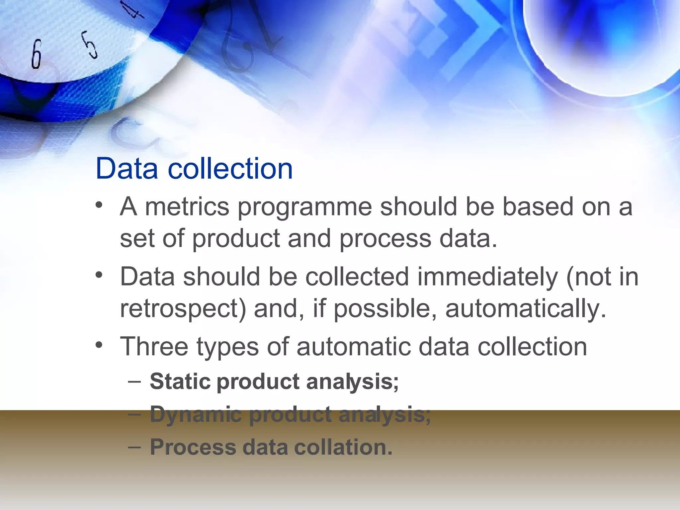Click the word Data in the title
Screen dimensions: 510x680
127,168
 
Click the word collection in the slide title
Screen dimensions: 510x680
230,168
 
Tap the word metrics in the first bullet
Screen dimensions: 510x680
187,207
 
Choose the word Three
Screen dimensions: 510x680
154,347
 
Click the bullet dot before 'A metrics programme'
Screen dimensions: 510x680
99,205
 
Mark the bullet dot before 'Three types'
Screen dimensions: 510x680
99,345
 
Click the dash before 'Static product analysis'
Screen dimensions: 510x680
134,382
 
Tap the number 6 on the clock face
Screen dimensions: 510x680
37,54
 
